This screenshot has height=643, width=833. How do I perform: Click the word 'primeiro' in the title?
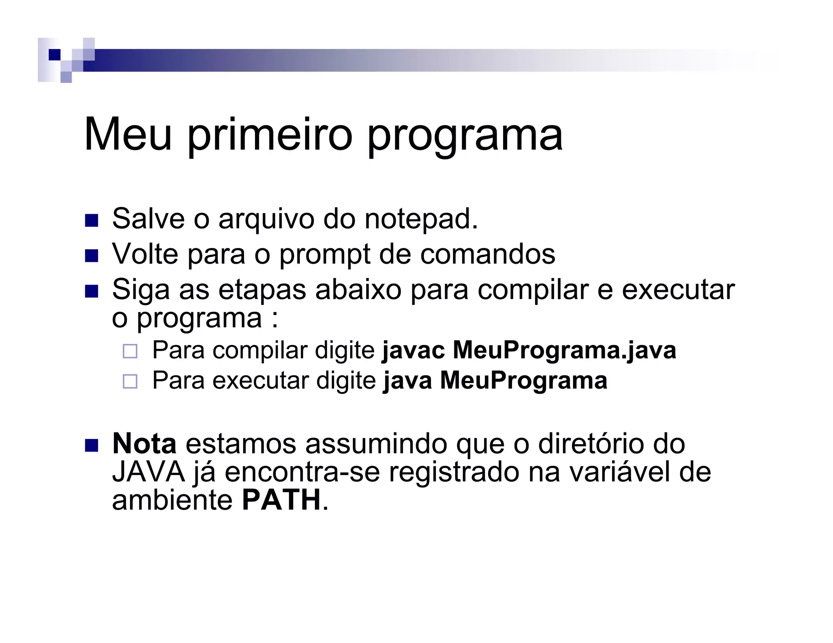coord(269,135)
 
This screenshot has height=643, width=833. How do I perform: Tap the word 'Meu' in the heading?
coord(128,135)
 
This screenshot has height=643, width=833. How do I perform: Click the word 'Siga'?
coord(141,290)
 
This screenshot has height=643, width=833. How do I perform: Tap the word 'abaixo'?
coord(358,290)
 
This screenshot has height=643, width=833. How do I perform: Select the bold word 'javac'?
coord(413,350)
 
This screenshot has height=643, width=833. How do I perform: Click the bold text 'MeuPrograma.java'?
coord(565,350)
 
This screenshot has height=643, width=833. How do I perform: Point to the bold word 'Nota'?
coord(144,444)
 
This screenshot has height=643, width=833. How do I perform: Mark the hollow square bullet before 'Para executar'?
coord(130,382)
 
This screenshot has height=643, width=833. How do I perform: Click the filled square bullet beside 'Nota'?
coord(92,445)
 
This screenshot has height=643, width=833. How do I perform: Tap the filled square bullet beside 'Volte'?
coord(92,256)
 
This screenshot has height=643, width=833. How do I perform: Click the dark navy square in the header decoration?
coord(54,54)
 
